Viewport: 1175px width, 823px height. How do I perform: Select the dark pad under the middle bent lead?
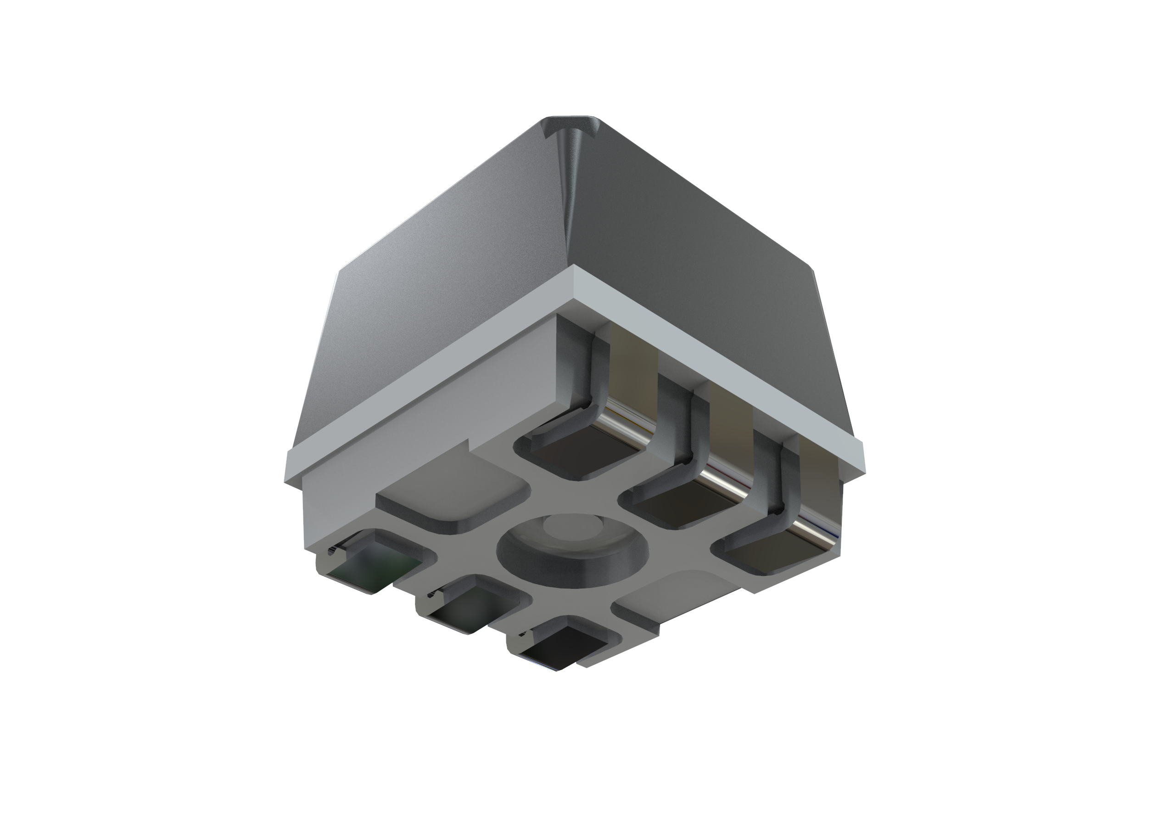686,507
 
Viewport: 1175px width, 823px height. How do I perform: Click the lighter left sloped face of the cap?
435,287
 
